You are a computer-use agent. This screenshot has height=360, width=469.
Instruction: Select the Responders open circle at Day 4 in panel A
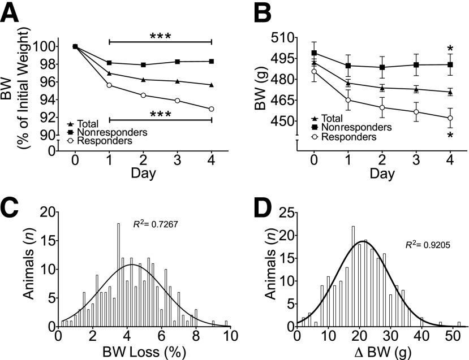212,109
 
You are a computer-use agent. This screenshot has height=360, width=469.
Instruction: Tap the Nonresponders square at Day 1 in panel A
109,63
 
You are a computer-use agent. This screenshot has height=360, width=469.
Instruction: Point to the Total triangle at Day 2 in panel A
143,80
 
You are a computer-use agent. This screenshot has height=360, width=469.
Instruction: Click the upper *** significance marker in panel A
160,36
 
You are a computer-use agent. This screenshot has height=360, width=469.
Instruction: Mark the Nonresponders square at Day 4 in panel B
450,64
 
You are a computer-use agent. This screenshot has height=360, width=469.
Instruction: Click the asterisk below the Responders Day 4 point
450,136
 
